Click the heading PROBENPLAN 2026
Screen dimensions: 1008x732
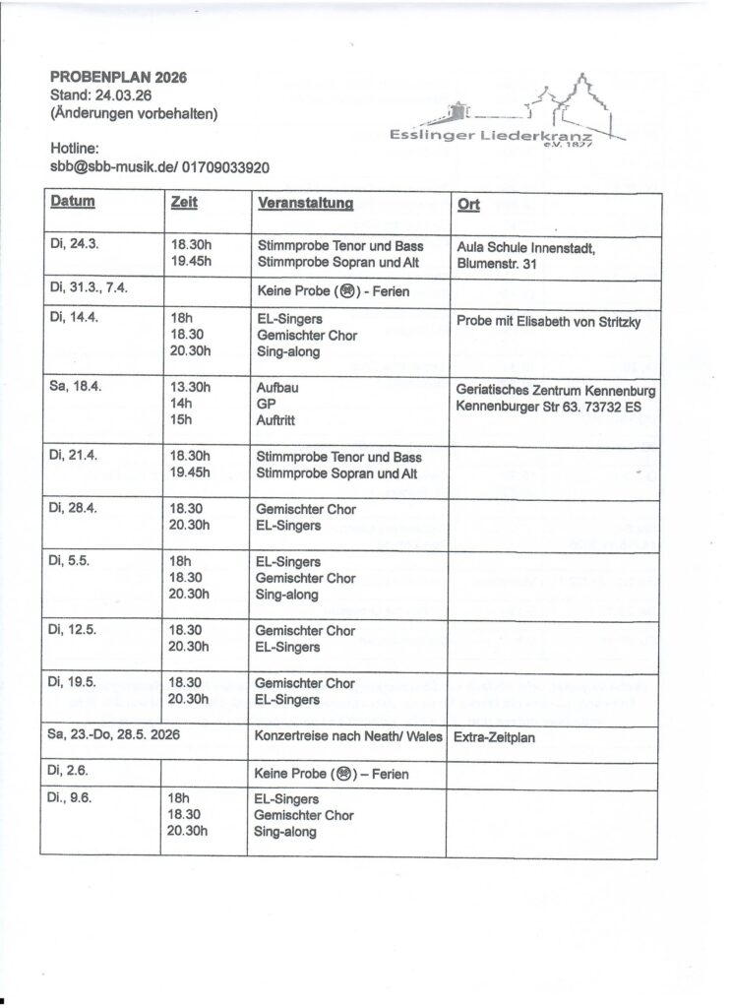click(x=118, y=78)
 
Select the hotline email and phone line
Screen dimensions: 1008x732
click(x=159, y=168)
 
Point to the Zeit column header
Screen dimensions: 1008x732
click(x=183, y=203)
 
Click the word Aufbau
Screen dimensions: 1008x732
click(x=277, y=388)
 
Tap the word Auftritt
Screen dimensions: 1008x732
click(x=278, y=421)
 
